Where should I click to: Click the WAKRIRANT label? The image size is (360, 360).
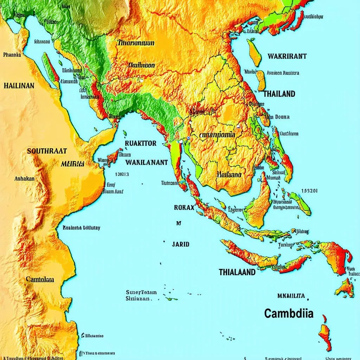(287, 56)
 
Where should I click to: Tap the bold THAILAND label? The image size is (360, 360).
(279, 94)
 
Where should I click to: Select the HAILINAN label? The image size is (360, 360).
(19, 85)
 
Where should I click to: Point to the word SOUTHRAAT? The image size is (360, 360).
(47, 152)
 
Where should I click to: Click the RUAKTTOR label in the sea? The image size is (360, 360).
(141, 143)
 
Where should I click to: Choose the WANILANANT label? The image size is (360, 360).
(146, 162)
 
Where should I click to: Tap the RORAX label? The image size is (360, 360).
(184, 207)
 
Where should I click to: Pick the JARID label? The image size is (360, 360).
(181, 244)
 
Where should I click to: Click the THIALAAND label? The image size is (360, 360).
(237, 272)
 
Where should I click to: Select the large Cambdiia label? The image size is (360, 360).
(288, 313)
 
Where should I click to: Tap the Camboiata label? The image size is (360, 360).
(40, 279)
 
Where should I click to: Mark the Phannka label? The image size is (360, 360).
(12, 55)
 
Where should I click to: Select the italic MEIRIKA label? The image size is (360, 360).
(72, 164)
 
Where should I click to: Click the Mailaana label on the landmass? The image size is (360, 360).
(229, 174)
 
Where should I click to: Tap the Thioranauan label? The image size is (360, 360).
(136, 43)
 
